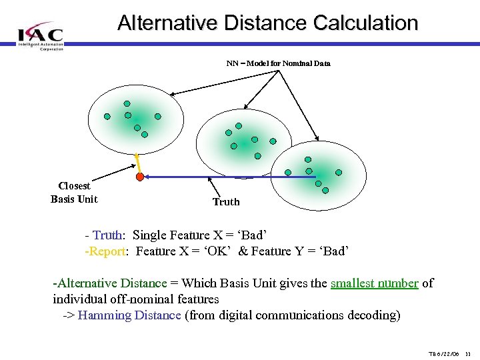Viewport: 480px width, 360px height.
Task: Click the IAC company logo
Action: click(x=40, y=35)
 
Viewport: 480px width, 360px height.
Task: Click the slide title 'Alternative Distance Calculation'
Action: click(x=267, y=23)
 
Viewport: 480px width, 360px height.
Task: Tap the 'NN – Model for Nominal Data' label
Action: click(x=278, y=63)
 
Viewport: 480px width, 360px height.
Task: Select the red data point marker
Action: click(x=140, y=177)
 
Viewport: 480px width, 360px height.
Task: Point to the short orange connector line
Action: click(x=137, y=163)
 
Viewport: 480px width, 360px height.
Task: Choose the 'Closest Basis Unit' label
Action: click(x=74, y=193)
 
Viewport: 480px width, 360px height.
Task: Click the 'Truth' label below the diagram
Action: click(x=226, y=202)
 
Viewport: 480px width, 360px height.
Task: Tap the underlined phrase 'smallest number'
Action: click(x=374, y=283)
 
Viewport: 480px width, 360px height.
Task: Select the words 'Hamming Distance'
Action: click(x=129, y=315)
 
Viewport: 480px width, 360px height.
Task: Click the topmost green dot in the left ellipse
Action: click(x=127, y=104)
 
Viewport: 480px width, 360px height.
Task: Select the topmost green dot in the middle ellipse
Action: click(x=239, y=126)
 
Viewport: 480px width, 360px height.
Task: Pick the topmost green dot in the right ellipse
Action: click(x=307, y=160)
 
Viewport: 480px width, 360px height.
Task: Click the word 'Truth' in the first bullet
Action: click(x=107, y=235)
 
